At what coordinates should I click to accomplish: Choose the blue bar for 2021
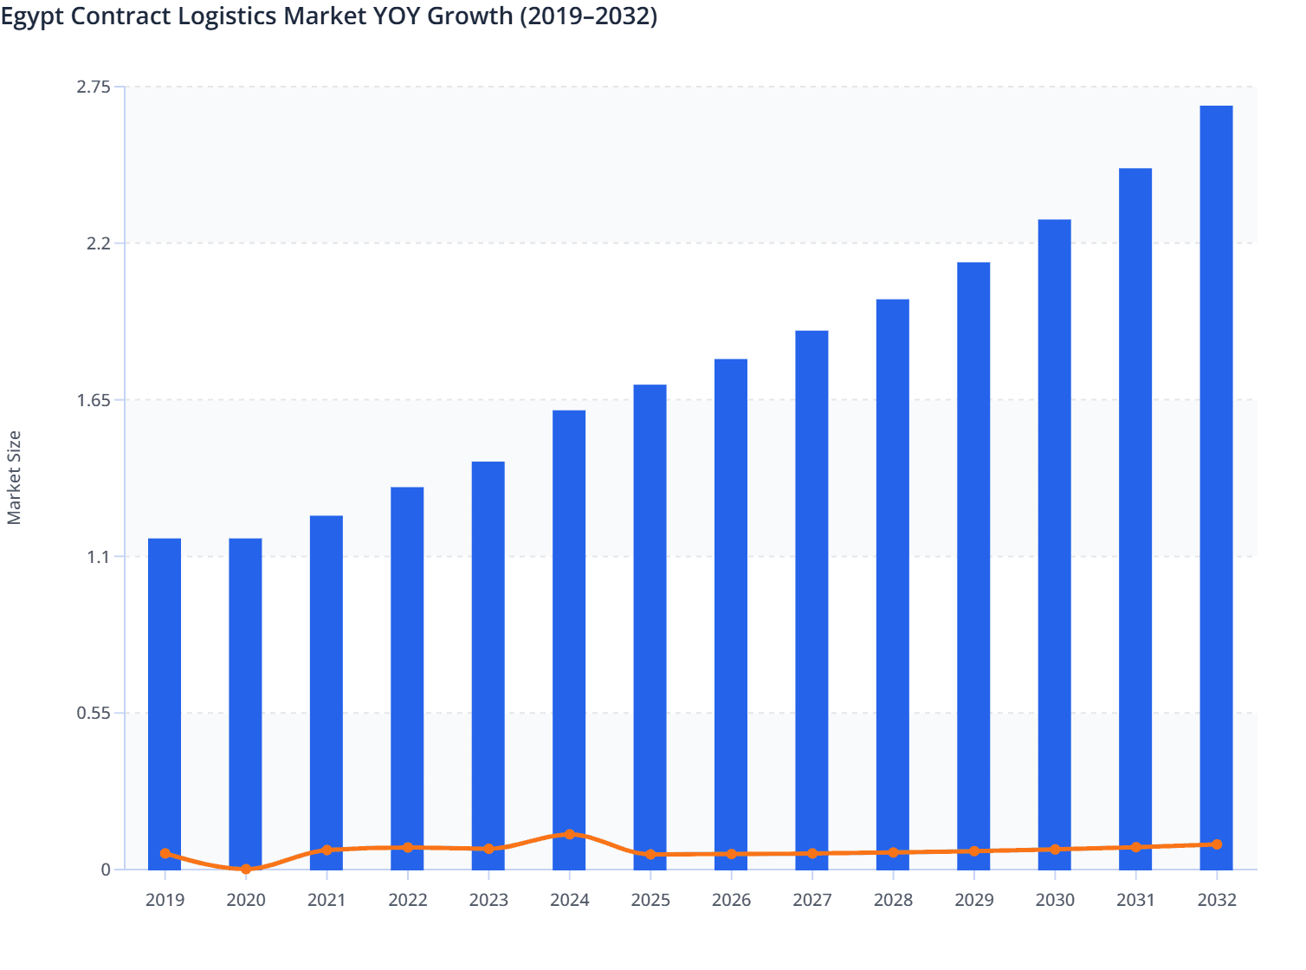click(x=326, y=692)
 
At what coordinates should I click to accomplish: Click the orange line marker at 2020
click(x=246, y=869)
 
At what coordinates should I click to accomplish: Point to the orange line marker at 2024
click(x=569, y=834)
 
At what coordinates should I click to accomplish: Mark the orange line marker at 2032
click(x=1217, y=844)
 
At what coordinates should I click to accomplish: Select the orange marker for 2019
click(x=165, y=853)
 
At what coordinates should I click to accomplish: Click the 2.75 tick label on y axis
click(x=94, y=87)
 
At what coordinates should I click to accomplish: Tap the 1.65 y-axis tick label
click(x=94, y=400)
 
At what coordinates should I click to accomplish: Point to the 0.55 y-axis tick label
click(x=94, y=714)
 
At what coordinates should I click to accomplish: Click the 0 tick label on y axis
click(x=106, y=870)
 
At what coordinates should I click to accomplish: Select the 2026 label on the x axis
click(x=731, y=900)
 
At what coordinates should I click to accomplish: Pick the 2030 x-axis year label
click(x=1055, y=900)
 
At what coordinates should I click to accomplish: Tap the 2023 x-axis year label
click(x=488, y=900)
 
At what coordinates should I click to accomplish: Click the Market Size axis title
click(x=14, y=478)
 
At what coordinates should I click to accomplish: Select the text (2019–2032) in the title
click(x=588, y=16)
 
